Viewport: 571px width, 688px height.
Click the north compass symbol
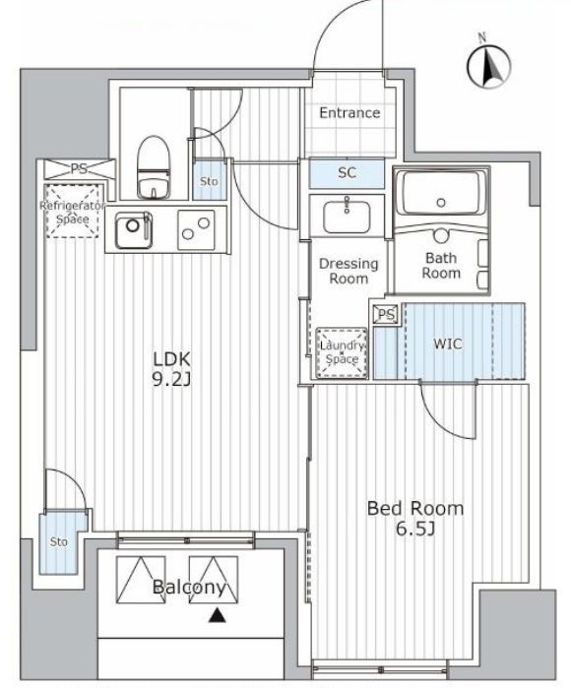tap(489, 65)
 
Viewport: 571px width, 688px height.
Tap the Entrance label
tap(349, 113)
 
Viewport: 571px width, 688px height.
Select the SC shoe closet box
tap(347, 173)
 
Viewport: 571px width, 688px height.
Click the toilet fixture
tap(153, 167)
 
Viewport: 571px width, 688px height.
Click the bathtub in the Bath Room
tap(440, 195)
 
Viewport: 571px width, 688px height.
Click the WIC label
tap(449, 344)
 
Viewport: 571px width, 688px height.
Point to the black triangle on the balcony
tap(216, 617)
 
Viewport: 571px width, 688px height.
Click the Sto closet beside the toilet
tap(209, 182)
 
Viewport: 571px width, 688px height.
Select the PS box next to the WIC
tap(386, 314)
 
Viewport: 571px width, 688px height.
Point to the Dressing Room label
tap(348, 271)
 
